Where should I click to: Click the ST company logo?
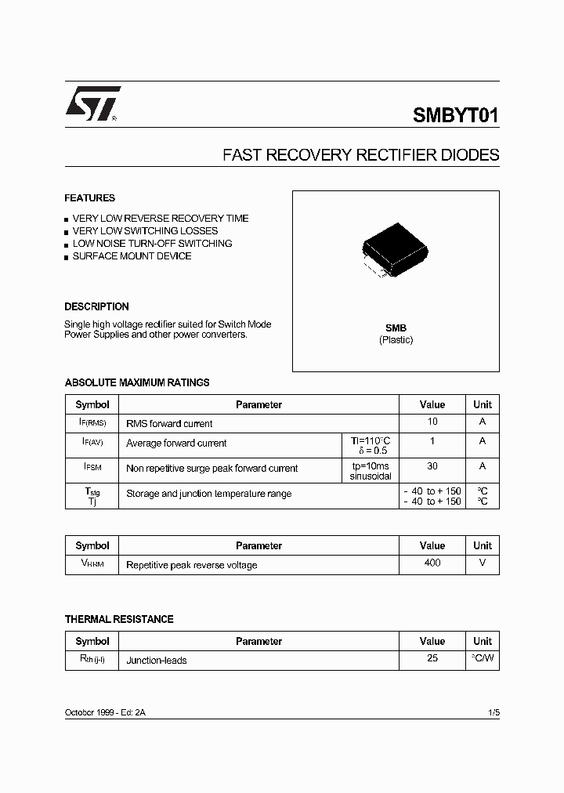(x=92, y=103)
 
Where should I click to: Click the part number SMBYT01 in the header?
(x=455, y=116)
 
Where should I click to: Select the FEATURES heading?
(x=89, y=198)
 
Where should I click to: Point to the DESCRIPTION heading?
(x=96, y=306)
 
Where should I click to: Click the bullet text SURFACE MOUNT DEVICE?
(x=132, y=256)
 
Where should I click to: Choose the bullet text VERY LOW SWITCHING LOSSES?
(x=145, y=231)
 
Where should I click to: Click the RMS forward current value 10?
(x=432, y=422)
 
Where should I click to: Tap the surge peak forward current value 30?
(x=432, y=465)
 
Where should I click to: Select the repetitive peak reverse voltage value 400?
(x=432, y=563)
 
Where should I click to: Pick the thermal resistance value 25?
(x=432, y=658)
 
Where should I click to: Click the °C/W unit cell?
(x=483, y=658)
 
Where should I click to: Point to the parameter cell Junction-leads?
(x=157, y=661)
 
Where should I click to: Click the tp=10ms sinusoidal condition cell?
(x=371, y=470)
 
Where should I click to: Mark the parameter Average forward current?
(x=176, y=444)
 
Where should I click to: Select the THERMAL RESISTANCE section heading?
(x=119, y=619)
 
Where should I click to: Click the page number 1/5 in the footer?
(x=493, y=712)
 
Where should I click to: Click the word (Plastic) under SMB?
(x=396, y=340)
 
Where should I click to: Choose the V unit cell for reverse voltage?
(x=483, y=563)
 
